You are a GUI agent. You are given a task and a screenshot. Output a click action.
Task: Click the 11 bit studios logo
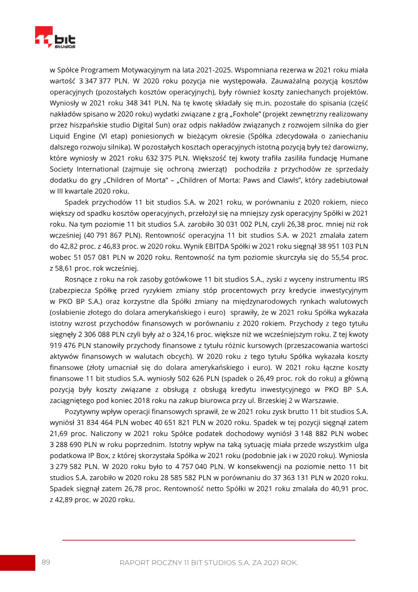(x=55, y=37)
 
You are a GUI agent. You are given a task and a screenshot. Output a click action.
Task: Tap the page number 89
(x=46, y=562)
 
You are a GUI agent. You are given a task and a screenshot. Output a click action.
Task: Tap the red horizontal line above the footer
(x=209, y=540)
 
